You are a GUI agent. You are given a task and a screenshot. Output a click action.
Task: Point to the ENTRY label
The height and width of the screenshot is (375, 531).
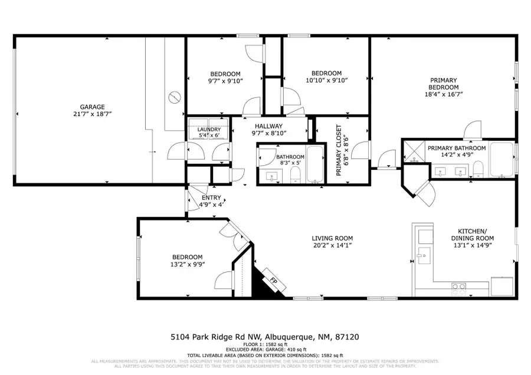coord(211,198)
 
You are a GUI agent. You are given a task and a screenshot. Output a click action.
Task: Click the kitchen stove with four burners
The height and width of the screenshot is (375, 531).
coord(460,288)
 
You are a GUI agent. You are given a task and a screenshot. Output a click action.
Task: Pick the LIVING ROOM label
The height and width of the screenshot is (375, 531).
coord(332,238)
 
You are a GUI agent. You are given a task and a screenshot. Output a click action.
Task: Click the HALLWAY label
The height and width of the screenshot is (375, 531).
coord(268,126)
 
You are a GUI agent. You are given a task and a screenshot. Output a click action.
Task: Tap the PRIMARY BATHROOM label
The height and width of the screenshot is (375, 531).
coord(457,148)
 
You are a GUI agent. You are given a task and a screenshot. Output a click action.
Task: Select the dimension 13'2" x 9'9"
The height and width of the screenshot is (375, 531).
coord(187,264)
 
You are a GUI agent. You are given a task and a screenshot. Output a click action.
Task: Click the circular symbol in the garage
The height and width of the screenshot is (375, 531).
coord(173,97)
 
